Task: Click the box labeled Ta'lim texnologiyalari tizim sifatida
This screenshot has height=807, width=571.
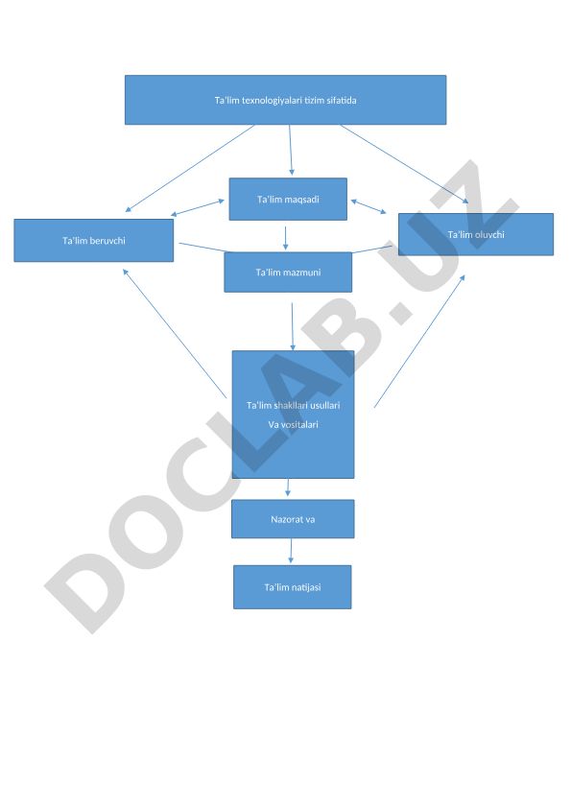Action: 285,100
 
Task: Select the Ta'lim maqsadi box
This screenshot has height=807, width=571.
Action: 288,200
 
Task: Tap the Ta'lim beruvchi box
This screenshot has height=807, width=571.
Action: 94,240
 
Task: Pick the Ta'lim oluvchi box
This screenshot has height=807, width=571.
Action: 476,234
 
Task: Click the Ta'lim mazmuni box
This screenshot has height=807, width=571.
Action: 288,273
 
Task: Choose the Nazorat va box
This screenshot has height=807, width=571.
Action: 293,519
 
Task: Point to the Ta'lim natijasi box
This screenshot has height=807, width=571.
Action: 293,587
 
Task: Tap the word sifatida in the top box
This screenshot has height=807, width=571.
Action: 342,101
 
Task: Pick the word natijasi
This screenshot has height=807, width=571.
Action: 306,588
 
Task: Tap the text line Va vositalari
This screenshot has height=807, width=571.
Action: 293,424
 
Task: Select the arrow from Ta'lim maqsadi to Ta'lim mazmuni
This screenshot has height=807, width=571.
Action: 286,238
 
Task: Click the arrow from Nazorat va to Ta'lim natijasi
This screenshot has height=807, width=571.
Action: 291,551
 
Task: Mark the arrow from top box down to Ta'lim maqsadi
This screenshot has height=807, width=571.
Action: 291,150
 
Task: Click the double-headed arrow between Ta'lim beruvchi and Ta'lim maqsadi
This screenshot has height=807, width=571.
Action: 198,207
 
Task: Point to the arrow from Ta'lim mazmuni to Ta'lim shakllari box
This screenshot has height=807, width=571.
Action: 293,326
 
